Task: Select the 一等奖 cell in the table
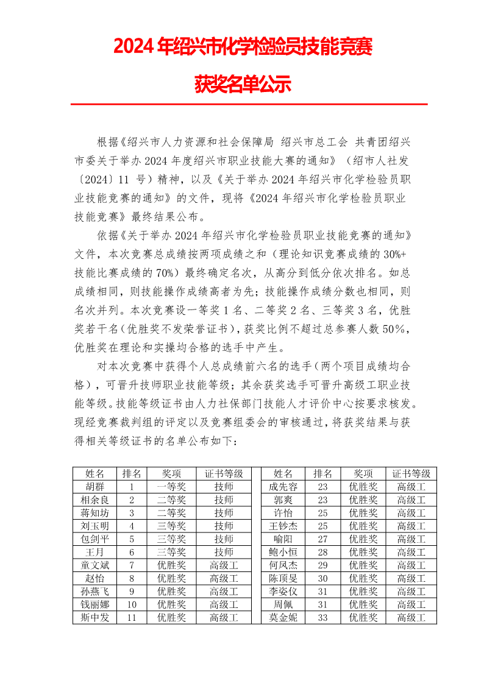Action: (171, 487)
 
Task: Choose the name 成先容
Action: (283, 487)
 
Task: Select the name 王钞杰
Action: (283, 526)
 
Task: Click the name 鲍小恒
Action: (283, 552)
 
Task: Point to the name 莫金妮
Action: (283, 618)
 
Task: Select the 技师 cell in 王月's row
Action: (224, 552)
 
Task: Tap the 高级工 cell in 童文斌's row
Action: (224, 565)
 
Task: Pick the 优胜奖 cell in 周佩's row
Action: (363, 604)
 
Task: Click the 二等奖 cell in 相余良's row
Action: (171, 500)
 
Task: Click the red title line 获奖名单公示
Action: (242, 84)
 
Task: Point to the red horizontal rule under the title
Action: (249, 104)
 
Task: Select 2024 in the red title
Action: (133, 47)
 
